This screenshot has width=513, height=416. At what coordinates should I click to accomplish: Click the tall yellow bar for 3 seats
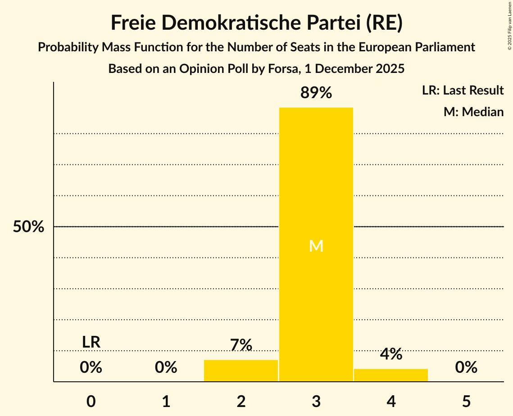(316, 180)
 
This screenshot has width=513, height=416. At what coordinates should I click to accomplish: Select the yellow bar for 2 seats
(241, 371)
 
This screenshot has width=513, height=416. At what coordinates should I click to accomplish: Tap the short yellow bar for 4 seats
(390, 375)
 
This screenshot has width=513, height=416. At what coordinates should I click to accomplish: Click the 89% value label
(316, 93)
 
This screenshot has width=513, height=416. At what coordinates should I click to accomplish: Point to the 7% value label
(241, 345)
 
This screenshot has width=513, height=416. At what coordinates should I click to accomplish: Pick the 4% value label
(390, 354)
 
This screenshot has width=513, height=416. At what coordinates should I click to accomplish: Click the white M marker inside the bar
(316, 246)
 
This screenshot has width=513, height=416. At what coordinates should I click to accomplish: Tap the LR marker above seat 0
(91, 342)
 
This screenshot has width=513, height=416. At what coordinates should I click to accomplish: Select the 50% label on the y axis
(28, 227)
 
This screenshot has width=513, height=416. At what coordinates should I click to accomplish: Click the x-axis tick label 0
(91, 402)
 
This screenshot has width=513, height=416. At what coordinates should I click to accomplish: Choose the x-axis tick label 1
(166, 402)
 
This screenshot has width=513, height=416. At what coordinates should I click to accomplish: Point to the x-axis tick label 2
(241, 402)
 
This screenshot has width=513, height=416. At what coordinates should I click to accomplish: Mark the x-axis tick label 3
(316, 402)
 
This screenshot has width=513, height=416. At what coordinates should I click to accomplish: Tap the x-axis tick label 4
(391, 402)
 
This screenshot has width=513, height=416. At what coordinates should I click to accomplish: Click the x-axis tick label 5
(466, 402)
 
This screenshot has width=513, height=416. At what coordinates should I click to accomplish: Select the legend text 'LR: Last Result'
(463, 90)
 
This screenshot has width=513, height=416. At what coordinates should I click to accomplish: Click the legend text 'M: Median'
(473, 112)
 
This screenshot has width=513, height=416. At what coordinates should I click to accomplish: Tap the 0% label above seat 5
(466, 368)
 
